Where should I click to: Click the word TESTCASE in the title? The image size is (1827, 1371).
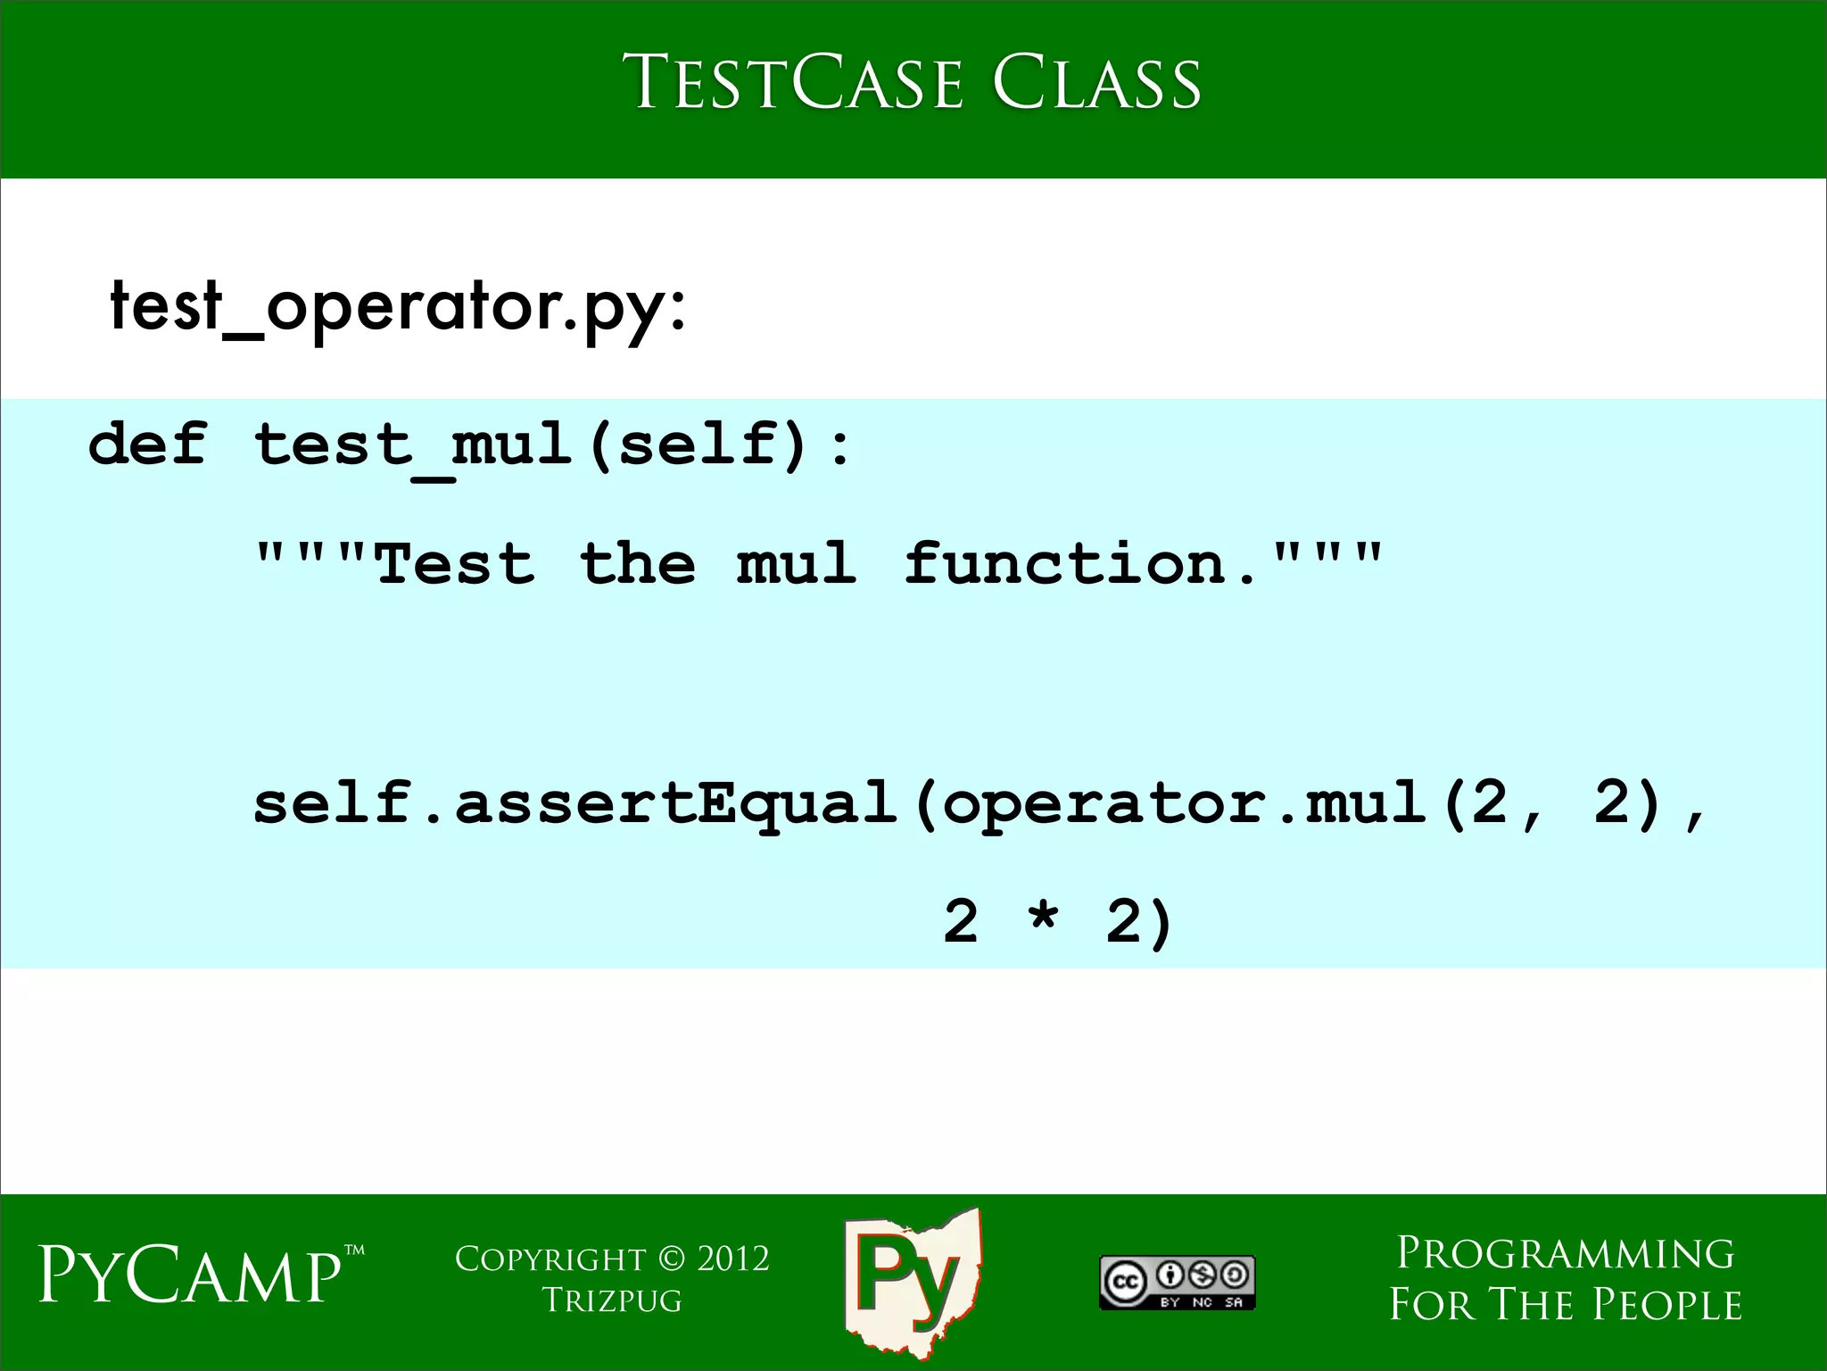pos(792,83)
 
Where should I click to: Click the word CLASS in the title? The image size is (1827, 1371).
pos(1096,83)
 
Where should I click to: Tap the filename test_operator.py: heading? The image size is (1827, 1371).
pos(398,306)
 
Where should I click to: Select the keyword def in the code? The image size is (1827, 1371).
pos(148,444)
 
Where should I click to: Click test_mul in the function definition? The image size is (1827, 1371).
pos(413,445)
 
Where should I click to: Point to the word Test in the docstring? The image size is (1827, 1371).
pos(455,564)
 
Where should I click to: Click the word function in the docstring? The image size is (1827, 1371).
pos(1066,564)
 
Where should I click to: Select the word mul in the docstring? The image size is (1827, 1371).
pos(797,564)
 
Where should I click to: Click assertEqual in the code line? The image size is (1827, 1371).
pos(676,802)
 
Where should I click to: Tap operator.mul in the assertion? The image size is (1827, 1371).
pos(1183,802)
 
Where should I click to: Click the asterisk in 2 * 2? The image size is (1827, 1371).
pos(1042,919)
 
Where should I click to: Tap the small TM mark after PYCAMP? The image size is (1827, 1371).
pos(354,1251)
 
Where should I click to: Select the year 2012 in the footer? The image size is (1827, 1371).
pos(732,1259)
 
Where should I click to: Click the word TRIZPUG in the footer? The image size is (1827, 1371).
pos(612,1300)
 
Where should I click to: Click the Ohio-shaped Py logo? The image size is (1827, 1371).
pos(912,1282)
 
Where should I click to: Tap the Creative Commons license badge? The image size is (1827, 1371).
pos(1177,1283)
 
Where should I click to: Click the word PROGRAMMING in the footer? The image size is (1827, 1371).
pos(1566,1254)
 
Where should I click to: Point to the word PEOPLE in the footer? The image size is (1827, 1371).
pos(1666,1305)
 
